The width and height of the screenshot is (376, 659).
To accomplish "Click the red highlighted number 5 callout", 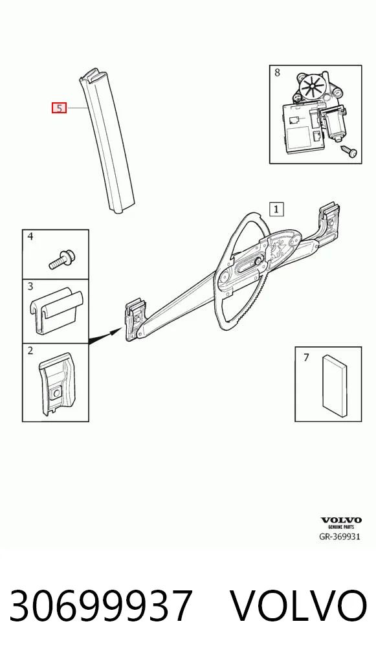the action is [x=60, y=108].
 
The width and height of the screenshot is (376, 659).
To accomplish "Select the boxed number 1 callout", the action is [x=276, y=208].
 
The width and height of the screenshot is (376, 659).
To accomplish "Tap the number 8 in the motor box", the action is [x=277, y=73].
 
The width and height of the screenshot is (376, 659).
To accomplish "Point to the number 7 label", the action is [x=306, y=357].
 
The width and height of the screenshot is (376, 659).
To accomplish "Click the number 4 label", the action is [x=30, y=237].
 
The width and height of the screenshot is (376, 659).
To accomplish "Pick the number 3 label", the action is [x=30, y=287].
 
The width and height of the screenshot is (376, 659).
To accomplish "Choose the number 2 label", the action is [x=30, y=350].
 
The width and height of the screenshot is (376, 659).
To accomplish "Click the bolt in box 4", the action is [x=60, y=258].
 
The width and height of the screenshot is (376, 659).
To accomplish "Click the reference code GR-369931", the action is [x=340, y=537].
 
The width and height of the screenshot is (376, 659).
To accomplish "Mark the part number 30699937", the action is [x=101, y=605].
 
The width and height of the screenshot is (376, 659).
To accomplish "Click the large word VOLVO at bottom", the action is [x=299, y=605].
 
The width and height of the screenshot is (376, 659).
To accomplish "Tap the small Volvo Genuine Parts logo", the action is [x=340, y=522].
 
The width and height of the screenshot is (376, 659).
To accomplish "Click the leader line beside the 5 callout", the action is [x=77, y=108].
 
